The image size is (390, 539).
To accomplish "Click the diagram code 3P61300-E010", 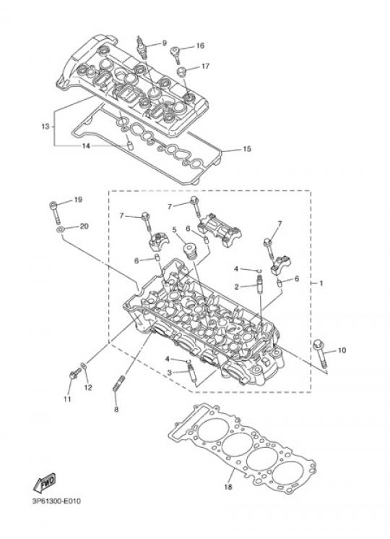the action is pyautogui.click(x=56, y=501).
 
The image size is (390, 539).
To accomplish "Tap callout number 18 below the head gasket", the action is pyautogui.click(x=228, y=487).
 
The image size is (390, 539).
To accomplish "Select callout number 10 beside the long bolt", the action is pyautogui.click(x=342, y=350).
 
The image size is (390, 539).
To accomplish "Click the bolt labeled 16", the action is pyautogui.click(x=175, y=54).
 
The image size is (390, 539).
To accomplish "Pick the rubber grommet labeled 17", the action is pyautogui.click(x=182, y=72).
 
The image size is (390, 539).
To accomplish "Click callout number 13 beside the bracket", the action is pyautogui.click(x=45, y=127).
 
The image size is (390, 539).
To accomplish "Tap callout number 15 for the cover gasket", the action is pyautogui.click(x=247, y=149).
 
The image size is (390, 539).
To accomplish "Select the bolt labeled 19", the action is pyautogui.click(x=56, y=212).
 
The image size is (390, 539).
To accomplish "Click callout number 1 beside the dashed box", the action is pyautogui.click(x=321, y=284).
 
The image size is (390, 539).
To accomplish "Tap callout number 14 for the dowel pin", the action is pyautogui.click(x=86, y=145).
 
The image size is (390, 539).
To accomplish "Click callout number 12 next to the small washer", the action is pyautogui.click(x=88, y=387).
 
